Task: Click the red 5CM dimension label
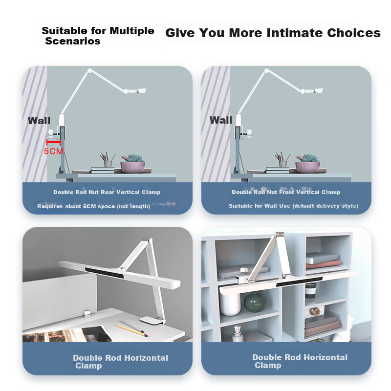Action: tap(53, 151)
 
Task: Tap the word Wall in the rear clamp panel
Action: tap(39, 121)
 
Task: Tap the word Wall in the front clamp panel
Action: tap(221, 120)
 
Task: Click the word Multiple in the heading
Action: tap(132, 31)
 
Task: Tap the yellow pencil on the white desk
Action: tap(131, 330)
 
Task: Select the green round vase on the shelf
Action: tap(254, 302)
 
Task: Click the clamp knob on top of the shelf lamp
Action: tap(243, 270)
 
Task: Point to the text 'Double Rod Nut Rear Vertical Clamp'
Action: tap(107, 192)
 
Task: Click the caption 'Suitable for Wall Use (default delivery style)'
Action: tap(294, 206)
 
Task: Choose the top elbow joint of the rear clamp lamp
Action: tap(90, 71)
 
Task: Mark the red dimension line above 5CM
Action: tap(53, 142)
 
